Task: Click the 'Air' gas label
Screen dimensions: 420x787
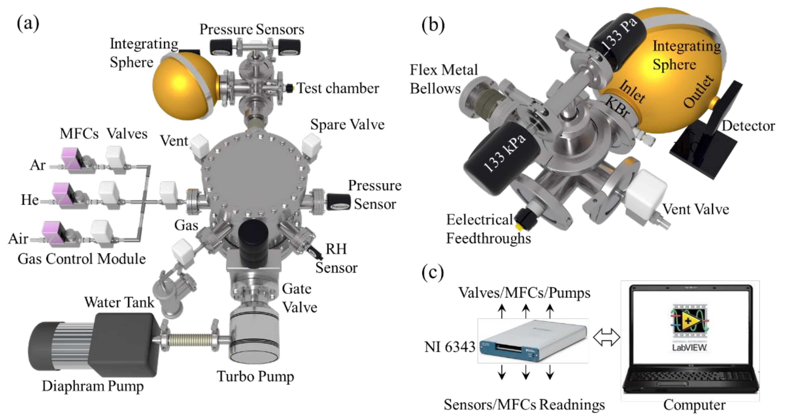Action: click(x=18, y=239)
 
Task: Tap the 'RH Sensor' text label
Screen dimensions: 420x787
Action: click(x=336, y=258)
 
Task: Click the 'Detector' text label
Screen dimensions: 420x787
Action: click(x=748, y=126)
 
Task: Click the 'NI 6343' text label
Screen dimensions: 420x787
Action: click(x=450, y=347)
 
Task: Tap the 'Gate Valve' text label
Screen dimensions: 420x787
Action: click(x=299, y=298)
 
